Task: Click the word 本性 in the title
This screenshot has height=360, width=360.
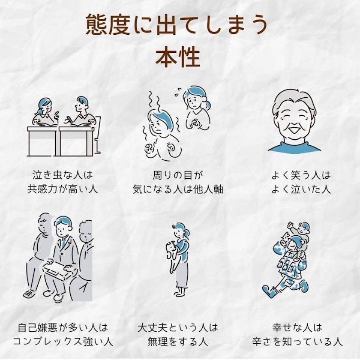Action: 178,57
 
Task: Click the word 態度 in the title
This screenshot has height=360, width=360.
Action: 108,25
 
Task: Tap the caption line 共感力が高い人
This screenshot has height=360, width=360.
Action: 63,189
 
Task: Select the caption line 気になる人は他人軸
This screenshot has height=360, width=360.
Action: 178,189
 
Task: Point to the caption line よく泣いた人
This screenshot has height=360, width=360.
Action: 301,189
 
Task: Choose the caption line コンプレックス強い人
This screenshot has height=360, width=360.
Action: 63,342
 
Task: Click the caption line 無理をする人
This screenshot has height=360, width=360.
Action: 178,342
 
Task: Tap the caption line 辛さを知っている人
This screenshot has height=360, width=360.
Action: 297,342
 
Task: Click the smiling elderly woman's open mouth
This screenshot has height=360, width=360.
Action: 294,131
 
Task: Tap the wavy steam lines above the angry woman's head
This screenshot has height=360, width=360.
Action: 151,101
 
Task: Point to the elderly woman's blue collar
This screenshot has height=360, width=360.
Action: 294,147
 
